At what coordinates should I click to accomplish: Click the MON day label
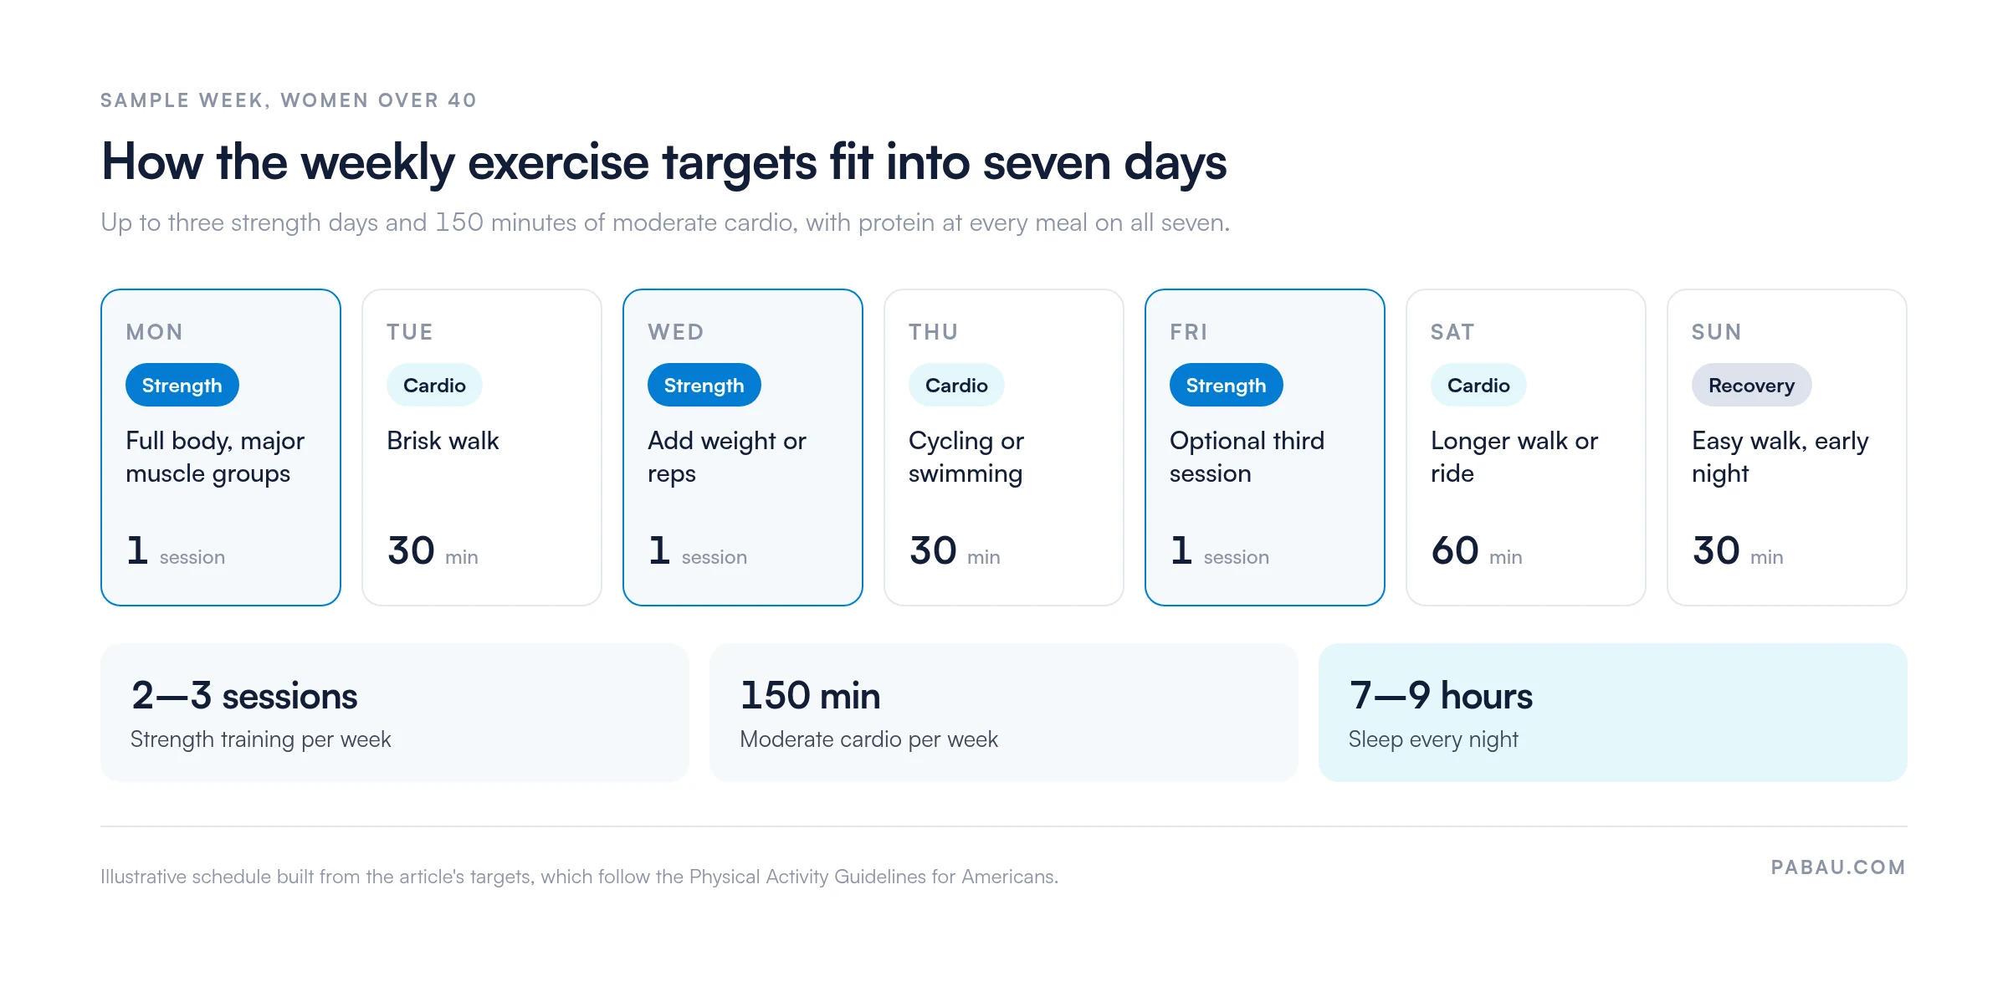[154, 332]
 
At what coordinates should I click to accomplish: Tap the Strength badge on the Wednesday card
[704, 385]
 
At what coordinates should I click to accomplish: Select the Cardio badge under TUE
[434, 385]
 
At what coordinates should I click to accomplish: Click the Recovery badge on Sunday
[1751, 385]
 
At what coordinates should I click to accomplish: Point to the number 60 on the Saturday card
[1455, 550]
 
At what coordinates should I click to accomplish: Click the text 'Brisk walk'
[443, 441]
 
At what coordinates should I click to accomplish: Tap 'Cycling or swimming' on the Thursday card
[966, 457]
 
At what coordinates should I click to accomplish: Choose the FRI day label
[1188, 332]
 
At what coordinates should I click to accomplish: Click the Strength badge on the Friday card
[1226, 385]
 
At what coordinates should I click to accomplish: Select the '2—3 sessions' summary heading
[244, 696]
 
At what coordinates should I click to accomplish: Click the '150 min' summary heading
[810, 696]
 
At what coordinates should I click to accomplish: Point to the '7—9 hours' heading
[1441, 696]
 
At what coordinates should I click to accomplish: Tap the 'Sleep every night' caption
[1433, 739]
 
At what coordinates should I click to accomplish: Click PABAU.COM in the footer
[1838, 867]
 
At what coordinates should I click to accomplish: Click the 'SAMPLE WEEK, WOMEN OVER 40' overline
[289, 100]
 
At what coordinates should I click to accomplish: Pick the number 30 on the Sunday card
[1716, 550]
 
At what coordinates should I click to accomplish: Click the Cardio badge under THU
[956, 385]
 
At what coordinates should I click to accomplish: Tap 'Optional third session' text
[1247, 457]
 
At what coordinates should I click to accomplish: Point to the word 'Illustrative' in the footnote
[143, 877]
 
